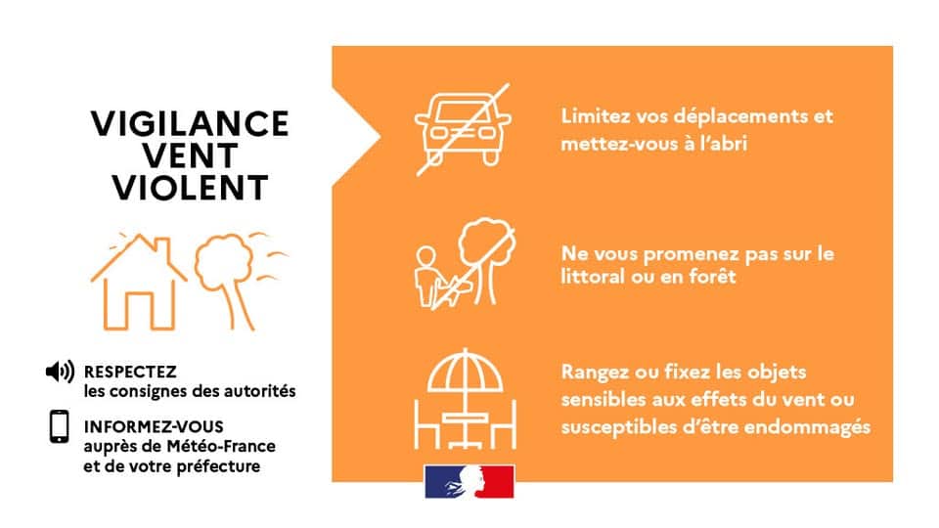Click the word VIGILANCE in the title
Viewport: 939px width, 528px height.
(190, 123)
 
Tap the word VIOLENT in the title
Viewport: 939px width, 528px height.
(190, 186)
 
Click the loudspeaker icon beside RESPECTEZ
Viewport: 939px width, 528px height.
(60, 372)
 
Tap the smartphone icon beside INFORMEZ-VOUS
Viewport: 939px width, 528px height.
(60, 426)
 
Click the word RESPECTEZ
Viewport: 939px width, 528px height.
(130, 373)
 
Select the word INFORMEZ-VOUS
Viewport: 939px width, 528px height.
(154, 427)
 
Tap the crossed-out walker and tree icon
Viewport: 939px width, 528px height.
(461, 266)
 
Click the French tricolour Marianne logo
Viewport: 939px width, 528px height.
(469, 482)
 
